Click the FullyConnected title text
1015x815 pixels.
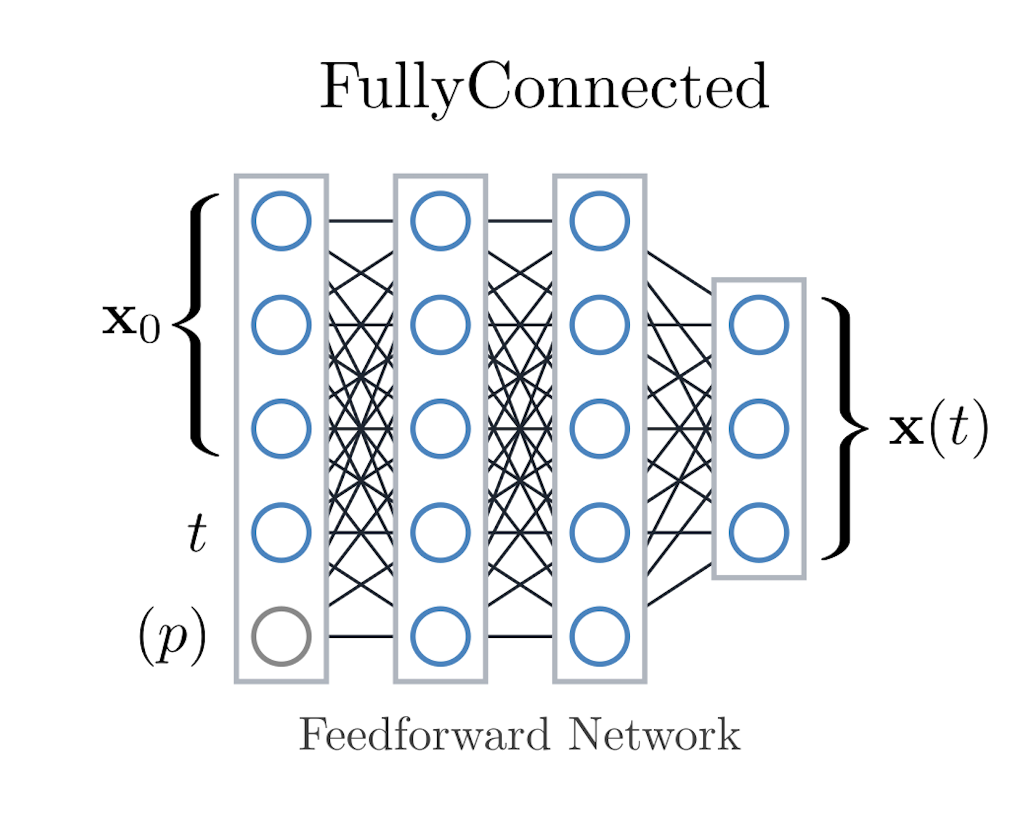(544, 87)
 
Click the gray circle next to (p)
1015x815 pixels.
(282, 636)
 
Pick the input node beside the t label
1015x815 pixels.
(282, 532)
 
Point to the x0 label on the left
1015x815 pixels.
(131, 323)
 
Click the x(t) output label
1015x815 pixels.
(937, 429)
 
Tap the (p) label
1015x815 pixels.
(172, 636)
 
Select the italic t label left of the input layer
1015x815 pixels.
(196, 533)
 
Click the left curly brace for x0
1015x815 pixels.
(197, 324)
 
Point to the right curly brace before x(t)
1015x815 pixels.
(845, 428)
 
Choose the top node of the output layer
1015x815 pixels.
(759, 324)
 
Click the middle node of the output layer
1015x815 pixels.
(759, 428)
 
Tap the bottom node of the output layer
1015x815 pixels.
(759, 532)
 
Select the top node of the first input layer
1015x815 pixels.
(282, 221)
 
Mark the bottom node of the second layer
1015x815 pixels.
(440, 636)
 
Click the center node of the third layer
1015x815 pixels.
(600, 428)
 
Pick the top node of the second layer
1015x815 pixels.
(440, 221)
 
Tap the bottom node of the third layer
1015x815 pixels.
(600, 636)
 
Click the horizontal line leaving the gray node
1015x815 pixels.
(361, 637)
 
